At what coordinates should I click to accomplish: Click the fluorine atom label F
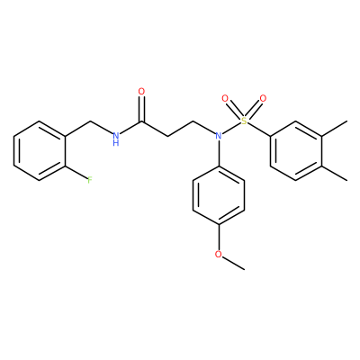(x=89, y=180)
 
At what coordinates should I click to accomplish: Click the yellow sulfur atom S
(x=244, y=121)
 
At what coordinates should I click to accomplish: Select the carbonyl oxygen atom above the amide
(x=141, y=91)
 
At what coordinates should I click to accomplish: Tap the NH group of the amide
(x=116, y=139)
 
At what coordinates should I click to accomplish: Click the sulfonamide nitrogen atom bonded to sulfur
(x=219, y=136)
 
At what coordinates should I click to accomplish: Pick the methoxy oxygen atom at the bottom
(x=219, y=255)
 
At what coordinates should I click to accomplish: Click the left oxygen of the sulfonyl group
(x=225, y=98)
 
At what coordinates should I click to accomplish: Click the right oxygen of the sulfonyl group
(x=263, y=98)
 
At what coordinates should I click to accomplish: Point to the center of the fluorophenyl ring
(x=40, y=150)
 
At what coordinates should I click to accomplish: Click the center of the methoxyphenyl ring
(x=219, y=195)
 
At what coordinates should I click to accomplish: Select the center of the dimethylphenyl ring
(x=296, y=150)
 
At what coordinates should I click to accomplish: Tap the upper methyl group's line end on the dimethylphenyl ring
(x=347, y=121)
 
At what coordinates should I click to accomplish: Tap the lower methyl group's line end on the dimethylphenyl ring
(x=347, y=180)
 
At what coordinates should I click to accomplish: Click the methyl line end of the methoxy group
(x=244, y=269)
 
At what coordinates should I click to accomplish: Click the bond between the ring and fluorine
(x=76, y=172)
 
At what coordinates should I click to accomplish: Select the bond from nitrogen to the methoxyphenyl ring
(x=219, y=153)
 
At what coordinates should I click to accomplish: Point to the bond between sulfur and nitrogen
(x=231, y=129)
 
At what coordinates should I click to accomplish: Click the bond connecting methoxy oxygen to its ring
(x=219, y=238)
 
